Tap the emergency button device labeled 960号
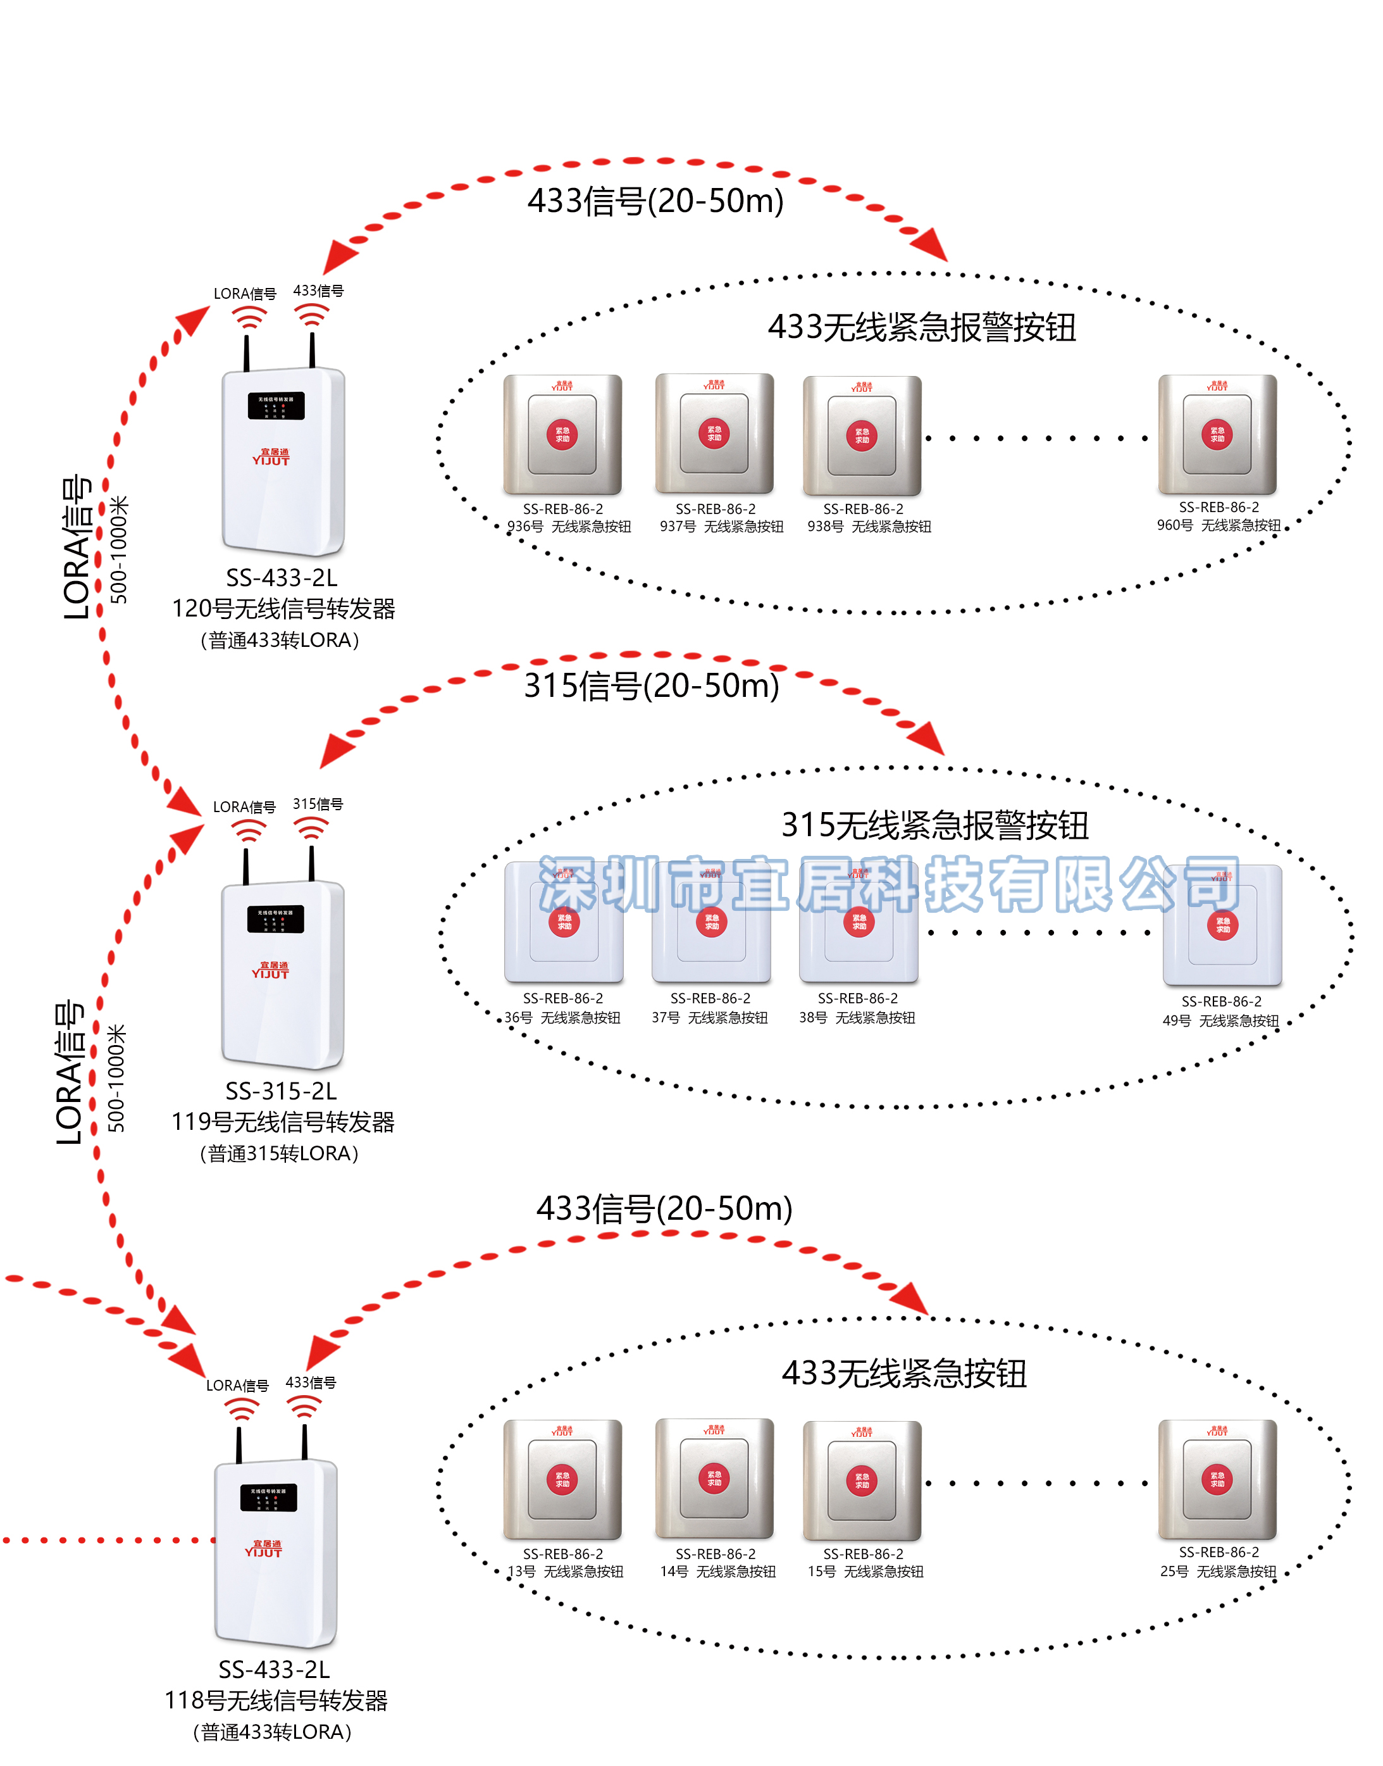1217,435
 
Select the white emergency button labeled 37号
711,924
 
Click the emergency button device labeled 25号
1217,1480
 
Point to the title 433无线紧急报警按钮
921,327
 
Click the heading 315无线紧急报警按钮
934,825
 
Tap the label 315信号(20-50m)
651,686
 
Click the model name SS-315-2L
281,1091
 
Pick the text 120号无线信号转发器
283,608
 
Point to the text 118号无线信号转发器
276,1700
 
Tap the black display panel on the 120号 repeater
276,406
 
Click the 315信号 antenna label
318,804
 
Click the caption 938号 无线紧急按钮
869,527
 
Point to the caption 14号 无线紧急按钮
717,1572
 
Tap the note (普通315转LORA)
280,1153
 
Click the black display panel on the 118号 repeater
268,1497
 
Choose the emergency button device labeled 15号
862,1480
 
